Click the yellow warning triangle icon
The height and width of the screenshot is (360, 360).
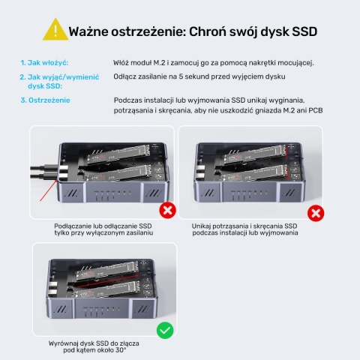click(55, 29)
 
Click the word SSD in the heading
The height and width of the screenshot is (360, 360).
click(301, 31)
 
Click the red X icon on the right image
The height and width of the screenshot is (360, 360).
click(316, 214)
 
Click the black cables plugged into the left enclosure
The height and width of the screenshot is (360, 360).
click(41, 174)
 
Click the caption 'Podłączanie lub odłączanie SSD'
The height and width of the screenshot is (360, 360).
click(103, 226)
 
